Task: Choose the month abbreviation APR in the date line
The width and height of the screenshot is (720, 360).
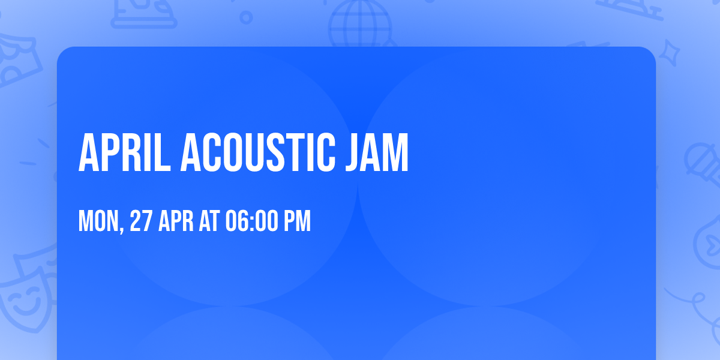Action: click(x=176, y=221)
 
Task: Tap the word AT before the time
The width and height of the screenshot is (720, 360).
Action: click(x=210, y=221)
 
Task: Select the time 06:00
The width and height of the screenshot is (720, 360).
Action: click(x=251, y=221)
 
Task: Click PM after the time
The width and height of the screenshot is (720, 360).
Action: click(x=298, y=221)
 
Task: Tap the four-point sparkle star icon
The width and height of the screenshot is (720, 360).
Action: click(x=673, y=51)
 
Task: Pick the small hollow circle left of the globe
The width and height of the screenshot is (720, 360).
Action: click(x=246, y=17)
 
